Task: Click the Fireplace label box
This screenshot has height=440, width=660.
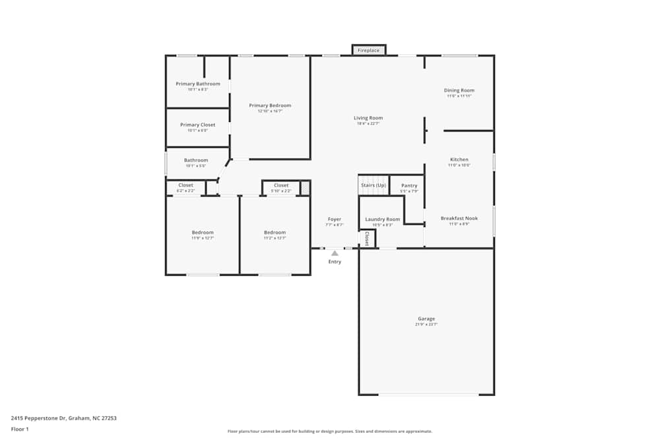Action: (x=368, y=50)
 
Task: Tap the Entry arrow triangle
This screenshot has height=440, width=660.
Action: (x=335, y=253)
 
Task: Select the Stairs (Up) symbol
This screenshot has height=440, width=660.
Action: (x=373, y=185)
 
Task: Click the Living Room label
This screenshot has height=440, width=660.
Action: (x=368, y=118)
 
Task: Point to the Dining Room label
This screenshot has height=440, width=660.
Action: (x=459, y=90)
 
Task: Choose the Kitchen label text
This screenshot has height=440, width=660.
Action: (x=459, y=160)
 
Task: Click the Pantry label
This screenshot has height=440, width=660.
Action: (x=409, y=185)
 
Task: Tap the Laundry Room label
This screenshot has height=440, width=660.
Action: (x=383, y=219)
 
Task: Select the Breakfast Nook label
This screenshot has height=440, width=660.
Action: (x=459, y=218)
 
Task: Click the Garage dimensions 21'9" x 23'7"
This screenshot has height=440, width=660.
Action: (x=426, y=325)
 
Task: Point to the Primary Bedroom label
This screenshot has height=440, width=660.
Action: (x=270, y=106)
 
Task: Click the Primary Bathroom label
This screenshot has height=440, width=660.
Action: (x=198, y=84)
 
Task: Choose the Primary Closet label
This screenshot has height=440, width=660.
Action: (x=198, y=125)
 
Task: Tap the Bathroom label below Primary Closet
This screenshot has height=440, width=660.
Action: (x=196, y=160)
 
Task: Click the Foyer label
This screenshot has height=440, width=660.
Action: (x=335, y=219)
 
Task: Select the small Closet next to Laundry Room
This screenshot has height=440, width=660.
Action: (x=367, y=239)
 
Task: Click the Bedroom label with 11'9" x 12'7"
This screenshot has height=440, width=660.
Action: (x=203, y=232)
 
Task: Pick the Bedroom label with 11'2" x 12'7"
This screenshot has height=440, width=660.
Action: (x=275, y=232)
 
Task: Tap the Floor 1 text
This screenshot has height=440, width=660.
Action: (x=20, y=429)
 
